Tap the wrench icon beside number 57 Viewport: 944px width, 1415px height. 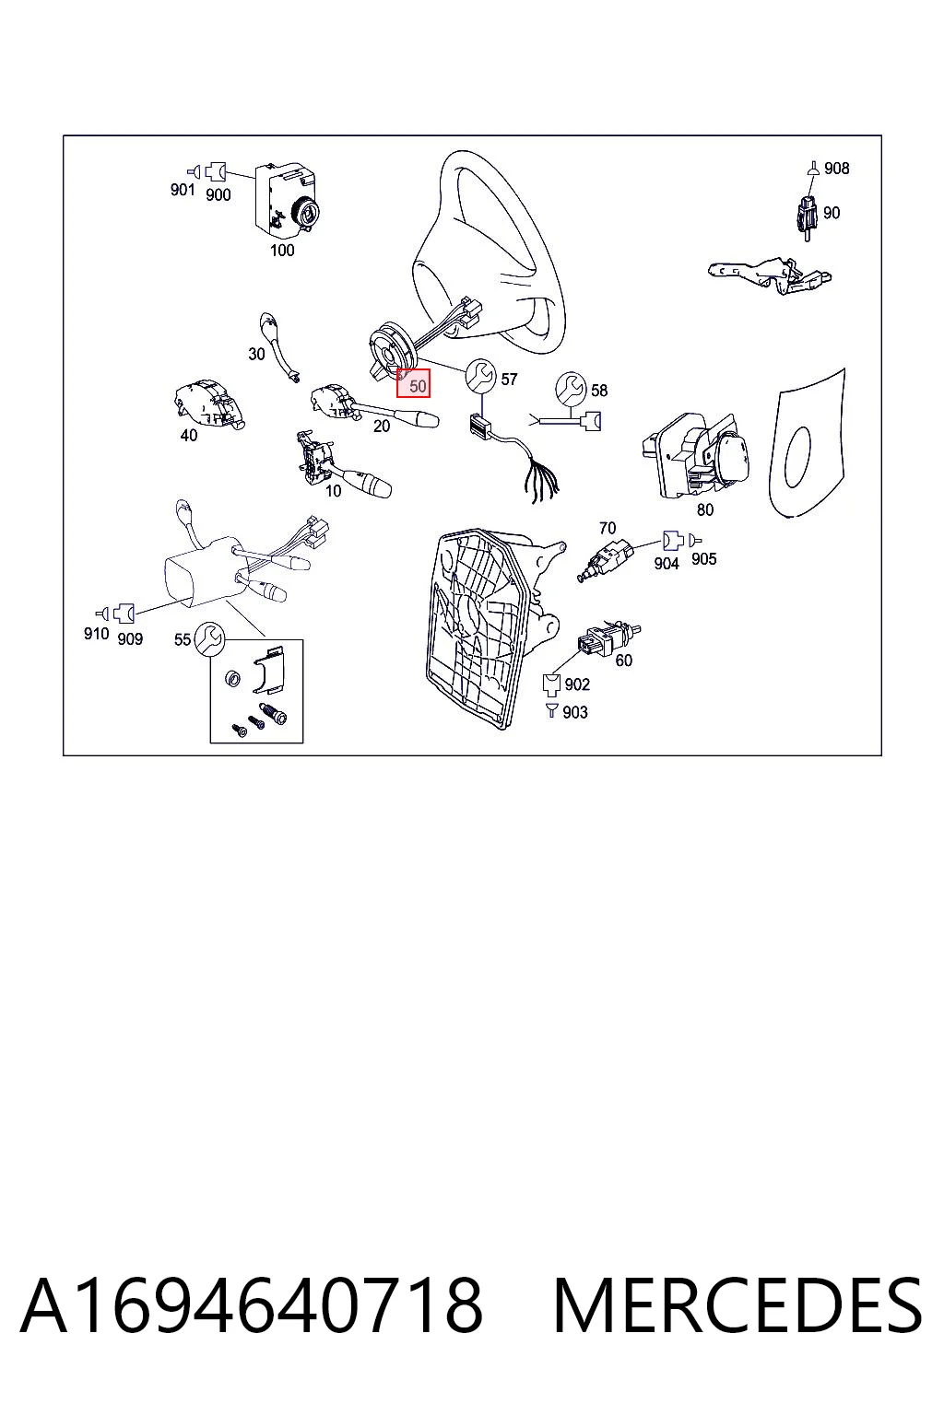480,375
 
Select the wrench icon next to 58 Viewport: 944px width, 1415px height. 572,387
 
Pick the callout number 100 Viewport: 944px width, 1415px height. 282,251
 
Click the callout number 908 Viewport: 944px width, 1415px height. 836,169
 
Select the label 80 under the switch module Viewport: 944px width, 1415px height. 705,509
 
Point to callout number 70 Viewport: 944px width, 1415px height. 607,528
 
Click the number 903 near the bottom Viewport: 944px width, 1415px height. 574,712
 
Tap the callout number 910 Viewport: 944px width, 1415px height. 96,634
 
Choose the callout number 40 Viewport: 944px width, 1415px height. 188,435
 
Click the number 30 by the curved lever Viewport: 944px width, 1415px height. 256,355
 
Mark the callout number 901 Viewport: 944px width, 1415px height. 183,190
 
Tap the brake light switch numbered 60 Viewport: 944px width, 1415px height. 608,639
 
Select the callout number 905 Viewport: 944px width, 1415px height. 703,559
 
